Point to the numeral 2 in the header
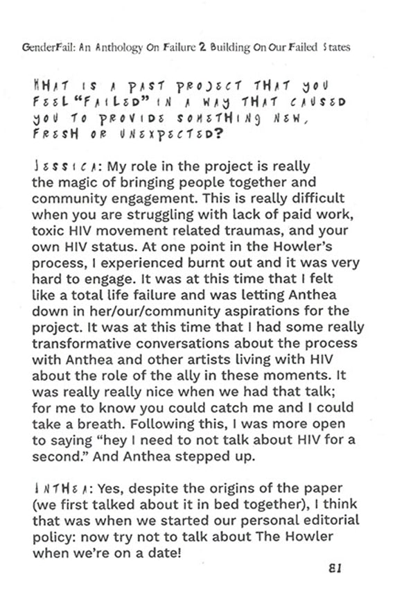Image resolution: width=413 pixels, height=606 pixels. [202, 48]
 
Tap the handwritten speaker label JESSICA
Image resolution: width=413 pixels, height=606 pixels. [54, 168]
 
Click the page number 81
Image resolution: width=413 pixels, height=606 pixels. [335, 568]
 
